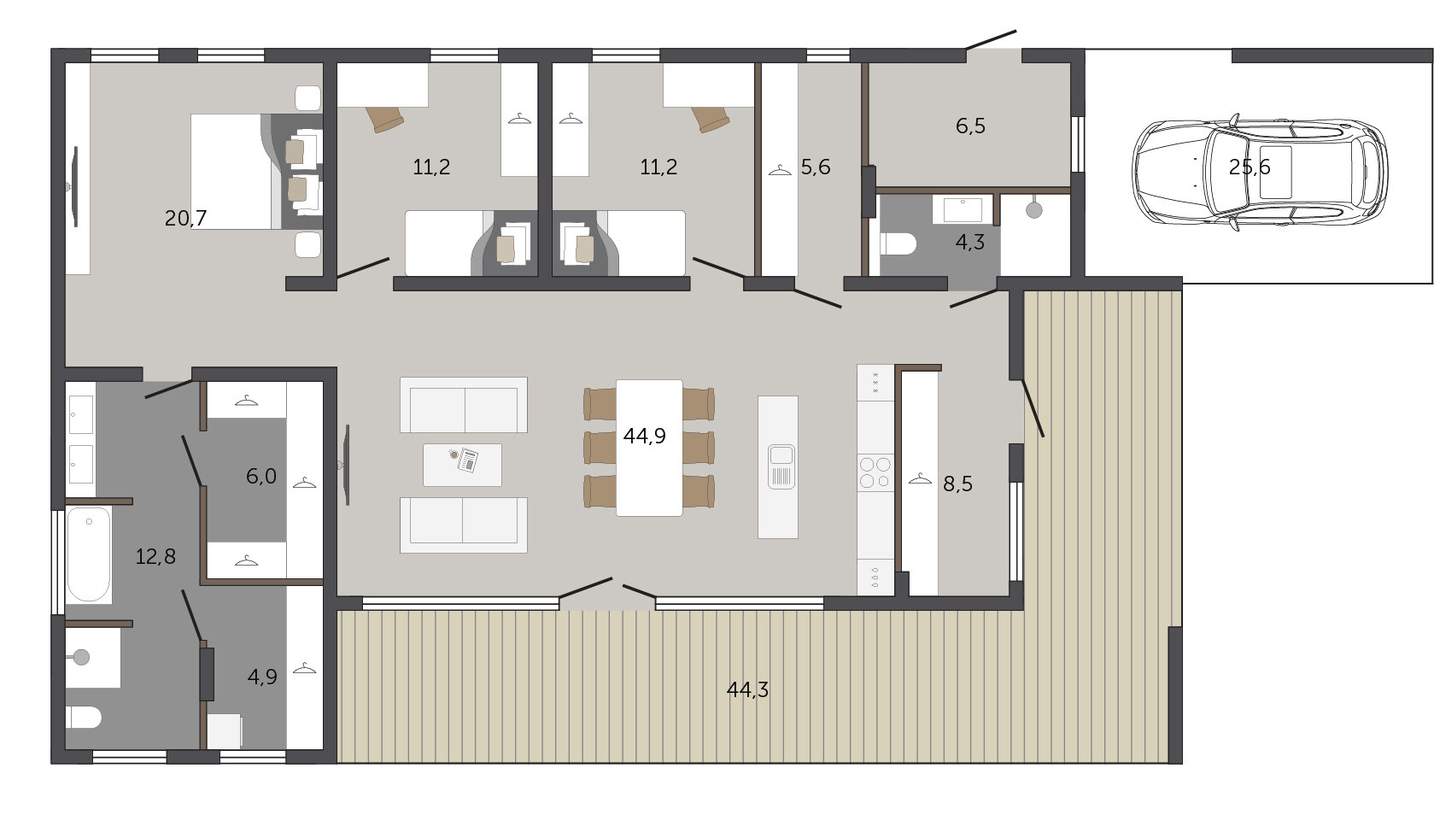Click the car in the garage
coord(1260,172)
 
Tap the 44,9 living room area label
coord(645,436)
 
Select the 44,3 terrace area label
coord(747,689)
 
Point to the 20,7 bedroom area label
coord(185,219)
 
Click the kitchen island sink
coord(781,466)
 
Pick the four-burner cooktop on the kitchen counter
coord(875,472)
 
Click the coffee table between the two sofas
coord(462,465)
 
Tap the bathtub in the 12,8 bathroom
coord(88,554)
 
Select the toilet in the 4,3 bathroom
coord(898,244)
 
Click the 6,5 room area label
coord(970,126)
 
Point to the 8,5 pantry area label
coord(957,484)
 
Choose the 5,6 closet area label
coord(816,167)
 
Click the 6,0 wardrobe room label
coord(261,477)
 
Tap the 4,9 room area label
coord(262,677)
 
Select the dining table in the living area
coord(649,448)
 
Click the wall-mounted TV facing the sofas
coord(347,465)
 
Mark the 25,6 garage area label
coord(1250,167)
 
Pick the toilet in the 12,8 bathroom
coord(84,717)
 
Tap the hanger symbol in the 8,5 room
coord(920,478)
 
